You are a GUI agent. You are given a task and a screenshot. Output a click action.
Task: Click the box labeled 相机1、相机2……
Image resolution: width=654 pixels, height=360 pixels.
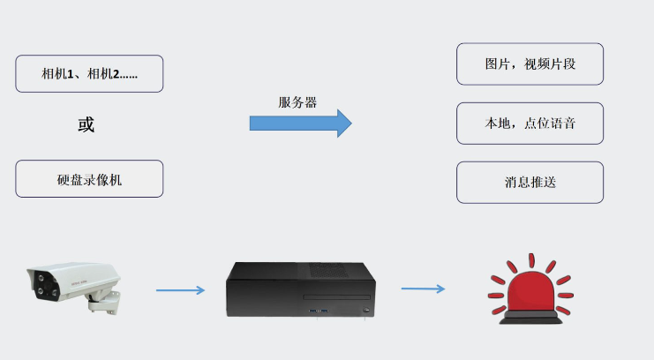coord(89,74)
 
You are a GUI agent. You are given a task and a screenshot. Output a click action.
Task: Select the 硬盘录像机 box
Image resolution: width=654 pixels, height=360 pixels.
coord(89,179)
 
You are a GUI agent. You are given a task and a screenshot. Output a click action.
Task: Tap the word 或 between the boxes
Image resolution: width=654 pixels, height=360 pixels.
coord(86,125)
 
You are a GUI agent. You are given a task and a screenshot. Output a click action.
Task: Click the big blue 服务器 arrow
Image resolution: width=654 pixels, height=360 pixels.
coord(300,123)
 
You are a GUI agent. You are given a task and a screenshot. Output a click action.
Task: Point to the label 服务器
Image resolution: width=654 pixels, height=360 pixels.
coord(297,101)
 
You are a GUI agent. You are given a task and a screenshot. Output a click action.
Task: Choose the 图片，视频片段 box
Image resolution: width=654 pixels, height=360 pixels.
coord(530,64)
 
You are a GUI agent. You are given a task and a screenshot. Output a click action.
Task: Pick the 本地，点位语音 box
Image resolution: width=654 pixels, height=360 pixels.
coord(530,124)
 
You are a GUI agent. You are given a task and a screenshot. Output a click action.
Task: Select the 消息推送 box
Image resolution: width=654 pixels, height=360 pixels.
coord(530,183)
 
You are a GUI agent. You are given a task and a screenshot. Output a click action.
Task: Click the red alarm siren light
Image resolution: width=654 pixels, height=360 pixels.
coord(529,291)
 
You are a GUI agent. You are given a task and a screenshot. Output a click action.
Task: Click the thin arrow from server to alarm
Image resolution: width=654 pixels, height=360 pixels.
coord(423,289)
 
